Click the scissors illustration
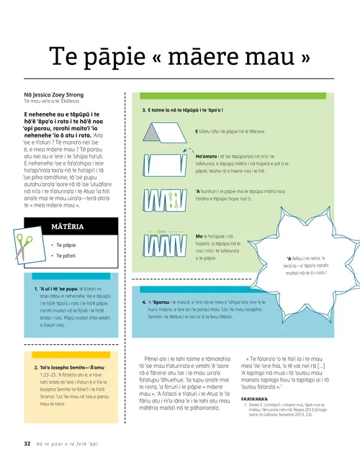[24, 248]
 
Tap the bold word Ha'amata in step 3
[207, 156]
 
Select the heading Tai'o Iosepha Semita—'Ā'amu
[72, 368]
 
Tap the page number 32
[27, 444]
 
